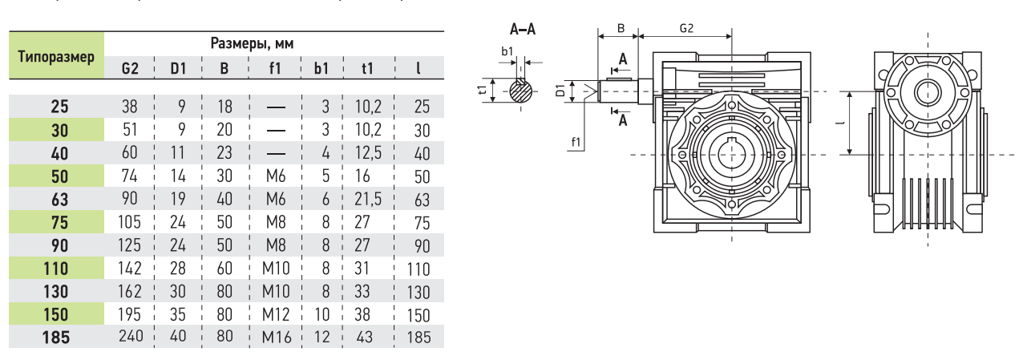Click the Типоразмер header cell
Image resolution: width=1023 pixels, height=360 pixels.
(56, 56)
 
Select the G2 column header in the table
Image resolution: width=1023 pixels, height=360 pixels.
(130, 68)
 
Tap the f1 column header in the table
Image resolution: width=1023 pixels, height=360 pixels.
(274, 68)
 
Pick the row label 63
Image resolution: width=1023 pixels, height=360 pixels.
(60, 200)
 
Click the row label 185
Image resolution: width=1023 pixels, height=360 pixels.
(56, 338)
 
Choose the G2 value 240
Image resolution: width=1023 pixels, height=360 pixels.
(131, 336)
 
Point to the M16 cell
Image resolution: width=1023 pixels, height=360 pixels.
(277, 338)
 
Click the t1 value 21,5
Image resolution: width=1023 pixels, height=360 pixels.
(368, 199)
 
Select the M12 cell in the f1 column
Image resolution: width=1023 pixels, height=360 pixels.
(276, 314)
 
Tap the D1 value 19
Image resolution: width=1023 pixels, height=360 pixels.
(178, 199)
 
